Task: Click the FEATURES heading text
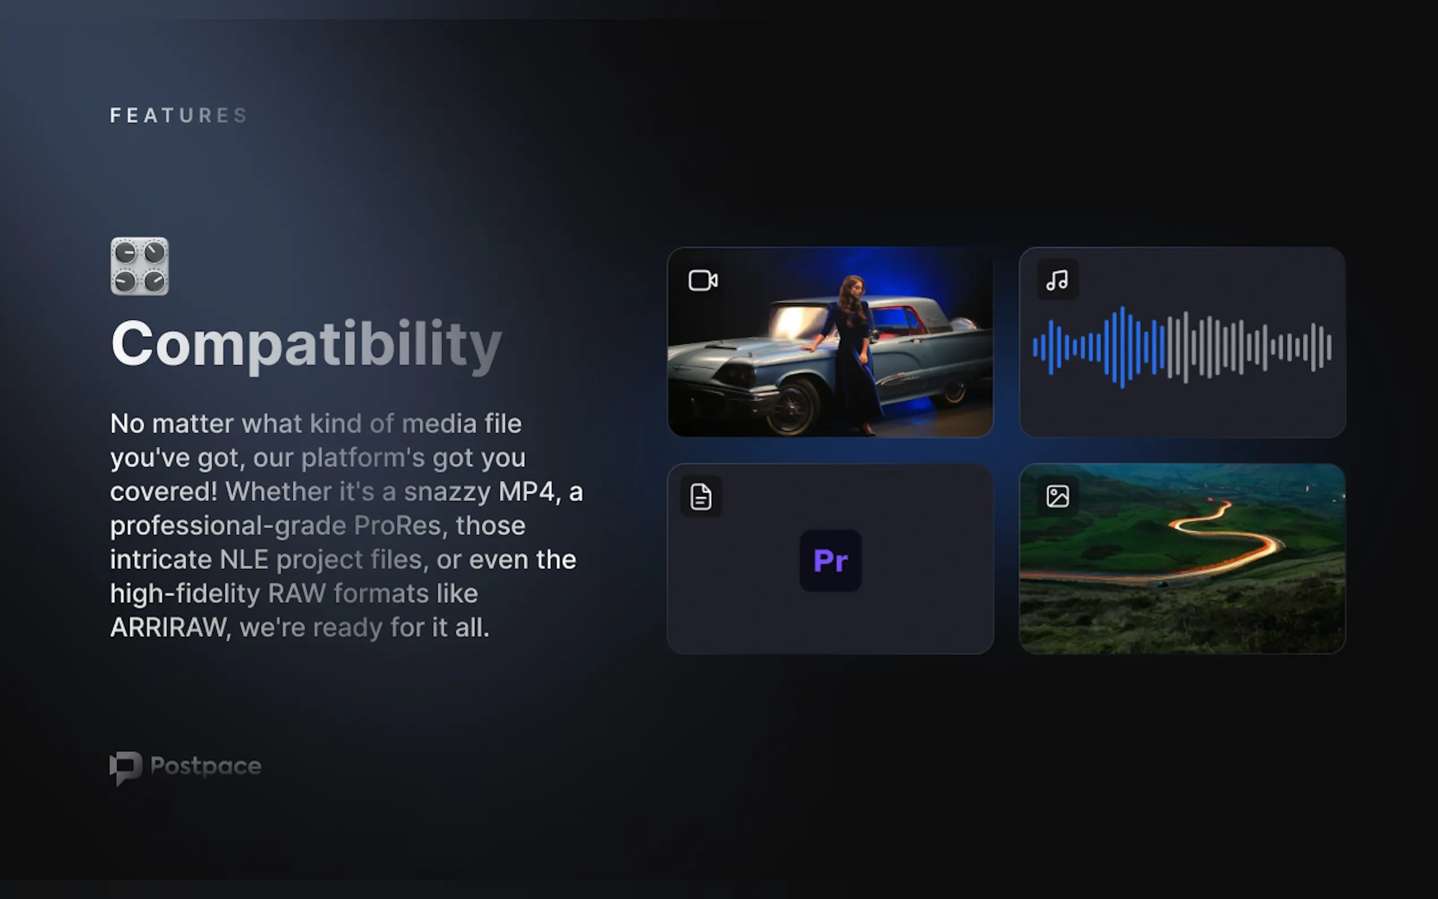pos(178,115)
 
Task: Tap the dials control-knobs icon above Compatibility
pos(140,267)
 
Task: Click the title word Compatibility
pos(306,344)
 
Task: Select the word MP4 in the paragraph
pos(526,492)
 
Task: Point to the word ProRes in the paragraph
pos(397,525)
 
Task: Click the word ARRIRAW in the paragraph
pos(168,628)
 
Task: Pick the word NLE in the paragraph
pos(244,559)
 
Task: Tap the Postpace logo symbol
pos(126,768)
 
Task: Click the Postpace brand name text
pos(206,766)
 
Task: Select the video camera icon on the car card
pos(703,281)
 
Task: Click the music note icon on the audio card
pos(1057,280)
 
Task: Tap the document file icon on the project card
pos(701,496)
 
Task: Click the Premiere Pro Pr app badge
pos(831,560)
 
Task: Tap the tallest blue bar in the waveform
pos(1122,347)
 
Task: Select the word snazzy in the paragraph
pos(447,492)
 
